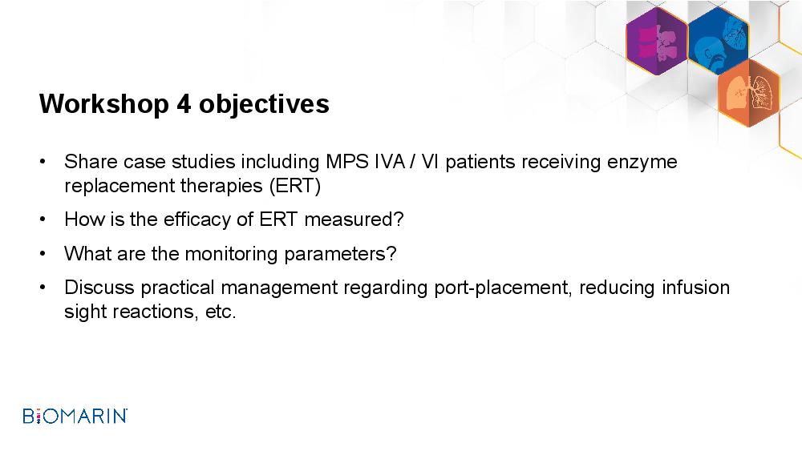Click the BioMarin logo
click(x=75, y=416)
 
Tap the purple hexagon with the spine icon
click(x=657, y=41)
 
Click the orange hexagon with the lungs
click(x=749, y=93)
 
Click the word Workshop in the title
click(x=104, y=104)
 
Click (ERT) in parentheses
click(x=295, y=186)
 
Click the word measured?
click(x=354, y=219)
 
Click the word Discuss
click(x=99, y=288)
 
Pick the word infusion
click(x=695, y=288)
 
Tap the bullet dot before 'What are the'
click(x=43, y=253)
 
